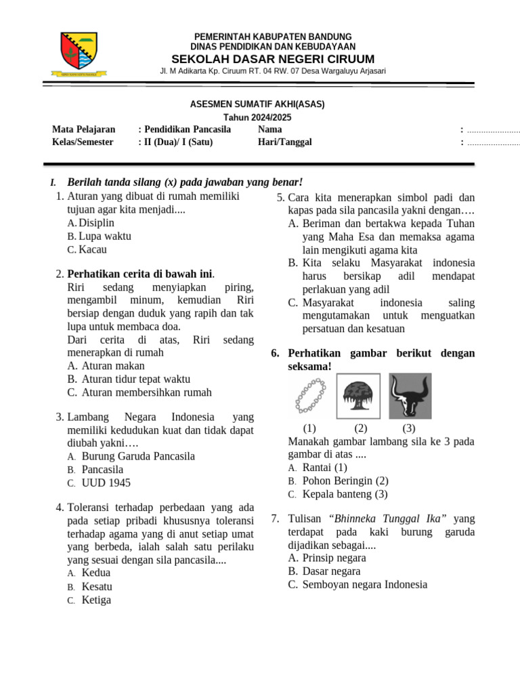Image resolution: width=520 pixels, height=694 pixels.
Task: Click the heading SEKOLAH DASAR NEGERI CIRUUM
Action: [273, 58]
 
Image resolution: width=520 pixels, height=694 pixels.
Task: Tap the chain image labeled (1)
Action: [310, 396]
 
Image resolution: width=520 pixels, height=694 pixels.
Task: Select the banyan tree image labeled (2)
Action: [360, 396]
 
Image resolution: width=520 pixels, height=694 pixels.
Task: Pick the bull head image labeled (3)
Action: [410, 396]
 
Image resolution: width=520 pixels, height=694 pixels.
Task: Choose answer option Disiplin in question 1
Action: [96, 222]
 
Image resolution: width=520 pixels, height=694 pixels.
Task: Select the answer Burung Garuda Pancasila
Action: [138, 456]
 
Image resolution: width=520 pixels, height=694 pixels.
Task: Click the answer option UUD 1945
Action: [106, 483]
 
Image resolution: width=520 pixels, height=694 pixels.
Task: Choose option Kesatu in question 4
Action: [97, 586]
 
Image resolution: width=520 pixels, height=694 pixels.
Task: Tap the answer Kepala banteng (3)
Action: [345, 494]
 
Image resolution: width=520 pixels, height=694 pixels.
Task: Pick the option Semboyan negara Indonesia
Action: [365, 584]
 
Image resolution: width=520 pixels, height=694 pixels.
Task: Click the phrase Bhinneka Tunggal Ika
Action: [387, 518]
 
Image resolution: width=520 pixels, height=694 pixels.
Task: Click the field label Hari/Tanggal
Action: [284, 142]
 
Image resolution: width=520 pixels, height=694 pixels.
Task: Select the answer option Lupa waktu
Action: [104, 236]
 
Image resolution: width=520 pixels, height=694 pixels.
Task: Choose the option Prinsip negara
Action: [334, 558]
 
